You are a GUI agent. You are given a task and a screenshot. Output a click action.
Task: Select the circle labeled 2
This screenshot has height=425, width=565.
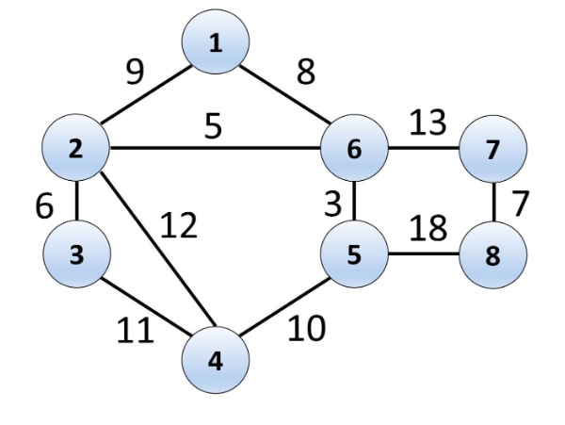pyautogui.click(x=76, y=148)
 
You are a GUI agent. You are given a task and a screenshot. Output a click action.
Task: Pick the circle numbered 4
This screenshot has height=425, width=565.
pyautogui.click(x=216, y=360)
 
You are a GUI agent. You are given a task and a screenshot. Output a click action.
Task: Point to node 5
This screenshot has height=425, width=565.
pyautogui.click(x=354, y=255)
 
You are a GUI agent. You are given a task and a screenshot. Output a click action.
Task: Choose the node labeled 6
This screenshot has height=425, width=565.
pyautogui.click(x=354, y=148)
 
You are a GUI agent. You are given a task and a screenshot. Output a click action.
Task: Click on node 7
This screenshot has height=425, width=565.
pyautogui.click(x=492, y=148)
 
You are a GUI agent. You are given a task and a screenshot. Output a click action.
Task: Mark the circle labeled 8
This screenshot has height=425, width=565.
pyautogui.click(x=492, y=255)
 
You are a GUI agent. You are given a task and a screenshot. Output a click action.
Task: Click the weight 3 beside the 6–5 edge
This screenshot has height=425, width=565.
pyautogui.click(x=331, y=202)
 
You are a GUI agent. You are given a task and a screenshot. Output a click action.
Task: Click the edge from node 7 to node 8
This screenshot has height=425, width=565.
pyautogui.click(x=492, y=202)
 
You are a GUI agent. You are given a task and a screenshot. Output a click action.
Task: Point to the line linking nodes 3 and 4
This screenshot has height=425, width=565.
pyautogui.click(x=146, y=307)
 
